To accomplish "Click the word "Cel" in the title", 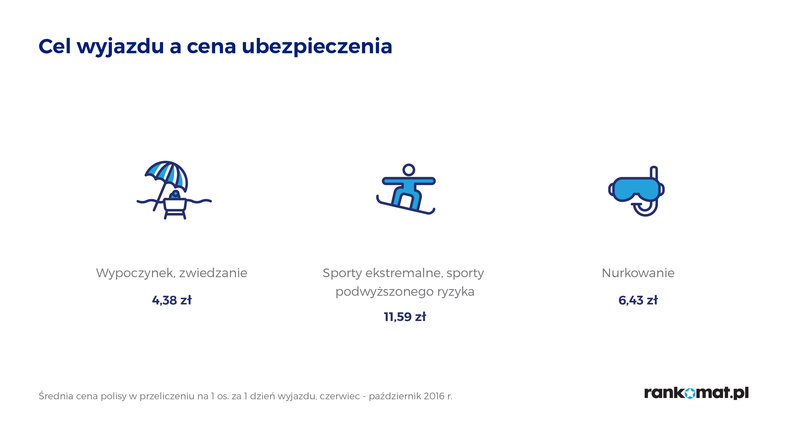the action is point(55,46).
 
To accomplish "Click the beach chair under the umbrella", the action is point(175,208).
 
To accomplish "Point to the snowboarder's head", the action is point(409,170).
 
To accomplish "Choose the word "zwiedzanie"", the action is point(213,273).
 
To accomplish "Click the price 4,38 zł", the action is point(172,300).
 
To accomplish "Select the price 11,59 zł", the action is point(405,317).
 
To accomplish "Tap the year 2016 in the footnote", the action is point(434,396).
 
